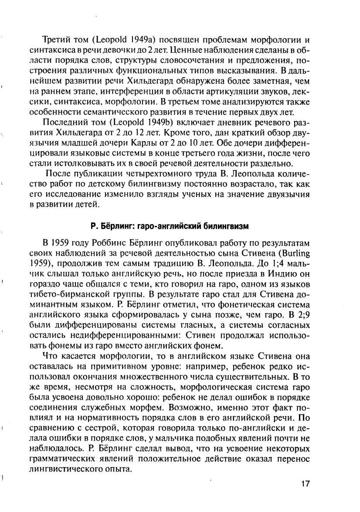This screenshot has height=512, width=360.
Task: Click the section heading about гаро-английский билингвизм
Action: point(170,226)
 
